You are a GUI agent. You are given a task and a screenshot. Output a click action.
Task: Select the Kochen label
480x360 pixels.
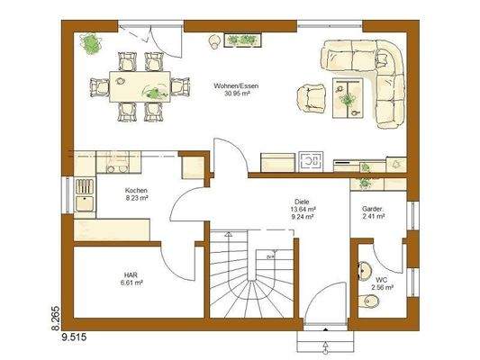(x=137, y=191)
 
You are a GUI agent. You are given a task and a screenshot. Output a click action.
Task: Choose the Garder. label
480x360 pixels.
(x=373, y=209)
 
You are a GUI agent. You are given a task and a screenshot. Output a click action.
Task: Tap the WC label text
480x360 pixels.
(x=382, y=280)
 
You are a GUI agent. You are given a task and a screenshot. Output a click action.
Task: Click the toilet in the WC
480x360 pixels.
(x=363, y=270)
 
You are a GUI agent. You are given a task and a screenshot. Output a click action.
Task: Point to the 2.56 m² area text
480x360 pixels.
(x=382, y=289)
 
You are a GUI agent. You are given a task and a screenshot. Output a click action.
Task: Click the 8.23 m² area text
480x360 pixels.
(x=137, y=199)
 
